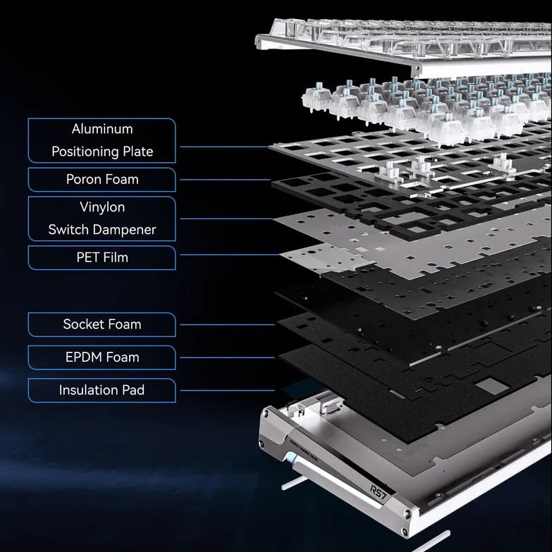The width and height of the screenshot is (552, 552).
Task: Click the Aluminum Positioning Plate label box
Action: click(102, 140)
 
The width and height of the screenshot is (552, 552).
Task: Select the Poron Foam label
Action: click(102, 180)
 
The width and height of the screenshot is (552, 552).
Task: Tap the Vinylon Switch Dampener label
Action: click(102, 219)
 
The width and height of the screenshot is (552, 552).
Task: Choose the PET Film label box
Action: click(102, 258)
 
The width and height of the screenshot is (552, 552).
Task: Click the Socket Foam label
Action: click(102, 324)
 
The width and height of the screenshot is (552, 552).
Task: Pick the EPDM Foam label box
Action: click(102, 357)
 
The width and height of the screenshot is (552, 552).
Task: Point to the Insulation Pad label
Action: click(102, 391)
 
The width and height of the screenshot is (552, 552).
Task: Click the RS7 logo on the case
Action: click(379, 493)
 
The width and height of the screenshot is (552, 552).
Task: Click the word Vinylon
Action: click(102, 207)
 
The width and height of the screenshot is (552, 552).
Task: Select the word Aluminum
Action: click(102, 129)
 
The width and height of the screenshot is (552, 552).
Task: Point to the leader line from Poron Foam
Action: click(226, 180)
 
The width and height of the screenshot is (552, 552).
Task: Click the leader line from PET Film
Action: click(231, 254)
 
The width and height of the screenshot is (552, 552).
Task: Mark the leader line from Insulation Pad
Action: click(227, 391)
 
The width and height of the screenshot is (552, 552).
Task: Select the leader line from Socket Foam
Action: click(227, 324)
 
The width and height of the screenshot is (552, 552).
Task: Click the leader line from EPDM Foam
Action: click(227, 357)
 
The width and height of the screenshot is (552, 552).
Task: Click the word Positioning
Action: click(85, 152)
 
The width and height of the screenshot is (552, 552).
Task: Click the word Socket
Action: click(82, 324)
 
